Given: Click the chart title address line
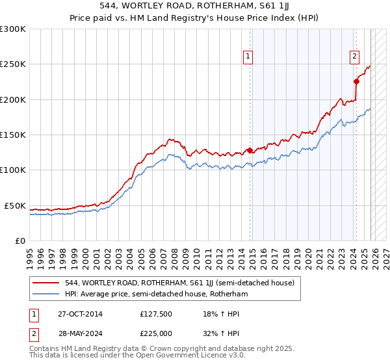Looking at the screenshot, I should tap(194, 6).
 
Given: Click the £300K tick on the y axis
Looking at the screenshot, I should tap(13, 29).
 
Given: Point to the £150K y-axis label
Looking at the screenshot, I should tap(13, 135).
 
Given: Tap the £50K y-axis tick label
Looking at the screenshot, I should tap(15, 205).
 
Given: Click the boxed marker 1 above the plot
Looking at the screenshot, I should tap(249, 57).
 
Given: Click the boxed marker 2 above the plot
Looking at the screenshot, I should tap(355, 57).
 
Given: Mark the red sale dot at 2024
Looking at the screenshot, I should tap(356, 82).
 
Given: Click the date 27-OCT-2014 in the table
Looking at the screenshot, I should tap(79, 314).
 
